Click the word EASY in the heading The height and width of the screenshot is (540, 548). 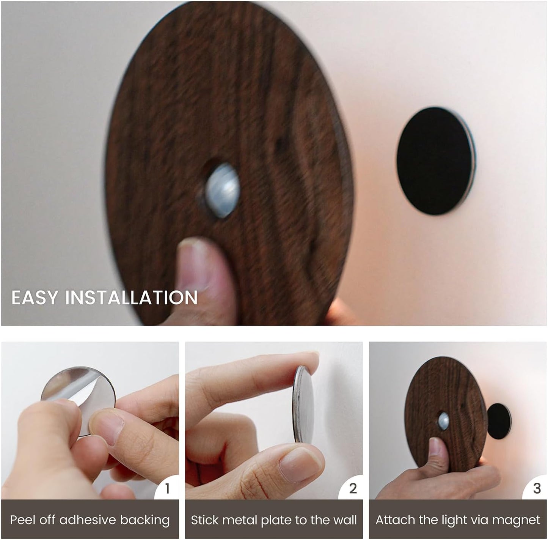tap(33, 298)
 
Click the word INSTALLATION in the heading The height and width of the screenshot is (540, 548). tap(131, 298)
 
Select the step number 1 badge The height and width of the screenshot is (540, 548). tap(167, 488)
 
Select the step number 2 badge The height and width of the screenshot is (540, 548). tap(352, 488)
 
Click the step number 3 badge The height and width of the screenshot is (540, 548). tap(536, 488)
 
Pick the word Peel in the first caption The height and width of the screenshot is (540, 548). tap(22, 520)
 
